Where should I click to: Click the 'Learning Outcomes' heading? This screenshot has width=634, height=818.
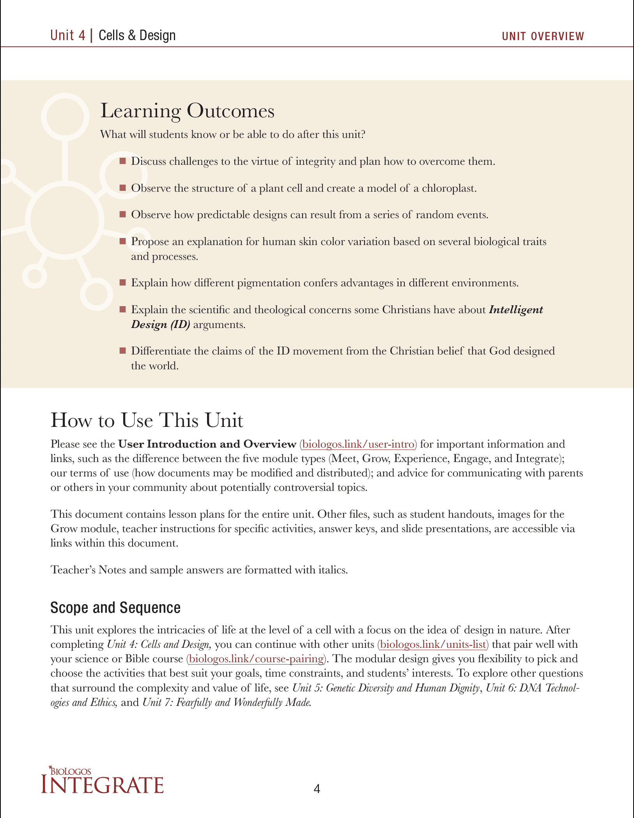pyautogui.click(x=188, y=111)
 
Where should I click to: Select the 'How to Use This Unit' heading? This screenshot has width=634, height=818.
pyautogui.click(x=147, y=421)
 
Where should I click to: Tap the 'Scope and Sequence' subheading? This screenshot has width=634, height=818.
pyautogui.click(x=115, y=608)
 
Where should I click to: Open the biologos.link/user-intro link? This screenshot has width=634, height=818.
pyautogui.click(x=358, y=444)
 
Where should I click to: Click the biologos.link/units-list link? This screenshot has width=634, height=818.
pyautogui.click(x=433, y=644)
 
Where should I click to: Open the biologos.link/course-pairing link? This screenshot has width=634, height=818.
pyautogui.click(x=256, y=659)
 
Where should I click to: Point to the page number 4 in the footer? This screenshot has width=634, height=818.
pyautogui.click(x=317, y=789)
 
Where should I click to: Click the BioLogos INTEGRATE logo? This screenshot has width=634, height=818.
pyautogui.click(x=102, y=781)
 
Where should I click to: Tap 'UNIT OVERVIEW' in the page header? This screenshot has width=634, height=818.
pyautogui.click(x=543, y=36)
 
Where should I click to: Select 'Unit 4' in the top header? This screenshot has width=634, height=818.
pyautogui.click(x=68, y=35)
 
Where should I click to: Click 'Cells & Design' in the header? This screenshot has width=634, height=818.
pyautogui.click(x=137, y=35)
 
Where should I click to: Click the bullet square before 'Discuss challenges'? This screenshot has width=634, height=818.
pyautogui.click(x=123, y=161)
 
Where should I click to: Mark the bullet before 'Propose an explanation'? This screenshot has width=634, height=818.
pyautogui.click(x=123, y=241)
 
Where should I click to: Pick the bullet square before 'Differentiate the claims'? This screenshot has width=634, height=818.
pyautogui.click(x=123, y=351)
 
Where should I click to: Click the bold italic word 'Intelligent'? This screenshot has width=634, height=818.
pyautogui.click(x=516, y=310)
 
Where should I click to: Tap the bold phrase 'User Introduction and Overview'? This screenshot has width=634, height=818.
pyautogui.click(x=207, y=444)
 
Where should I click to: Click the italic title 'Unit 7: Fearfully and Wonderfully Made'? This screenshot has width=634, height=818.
pyautogui.click(x=227, y=702)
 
